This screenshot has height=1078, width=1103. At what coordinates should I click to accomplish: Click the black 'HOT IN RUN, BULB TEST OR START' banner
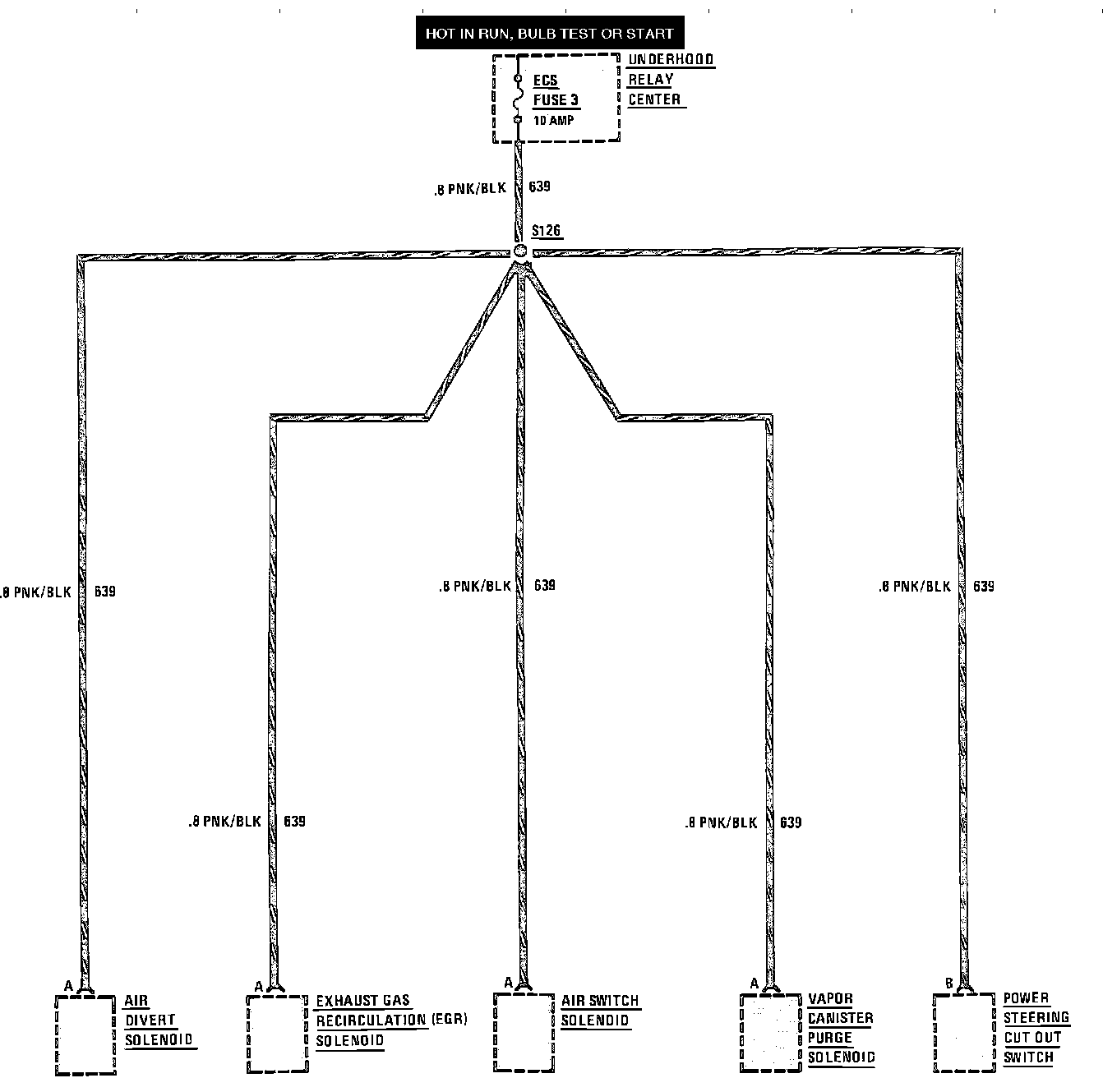coord(549,34)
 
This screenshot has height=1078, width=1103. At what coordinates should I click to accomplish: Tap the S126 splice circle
coord(519,251)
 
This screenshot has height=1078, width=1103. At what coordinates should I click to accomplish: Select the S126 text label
coord(547,231)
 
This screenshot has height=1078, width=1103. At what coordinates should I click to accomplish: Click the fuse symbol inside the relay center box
coord(518,99)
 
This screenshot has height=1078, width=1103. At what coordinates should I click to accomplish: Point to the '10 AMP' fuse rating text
coord(554,120)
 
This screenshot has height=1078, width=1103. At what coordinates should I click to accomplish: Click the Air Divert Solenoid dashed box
coord(85,1034)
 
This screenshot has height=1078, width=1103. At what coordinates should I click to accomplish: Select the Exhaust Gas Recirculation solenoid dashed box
coord(278,1034)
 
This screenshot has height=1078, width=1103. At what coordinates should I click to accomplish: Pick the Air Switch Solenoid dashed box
coord(524,1032)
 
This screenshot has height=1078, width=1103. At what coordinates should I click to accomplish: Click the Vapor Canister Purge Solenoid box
coord(771,1032)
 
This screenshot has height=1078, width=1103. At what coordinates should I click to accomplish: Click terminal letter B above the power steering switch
coord(948,983)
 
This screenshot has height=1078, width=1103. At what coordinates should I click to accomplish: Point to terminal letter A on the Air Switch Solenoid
coord(509,983)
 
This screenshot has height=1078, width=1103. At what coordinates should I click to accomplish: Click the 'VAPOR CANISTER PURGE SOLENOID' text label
coord(840,1028)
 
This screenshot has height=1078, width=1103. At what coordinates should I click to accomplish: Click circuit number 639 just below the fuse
coord(540,187)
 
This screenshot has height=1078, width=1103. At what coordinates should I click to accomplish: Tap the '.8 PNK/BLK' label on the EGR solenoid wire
coord(224,822)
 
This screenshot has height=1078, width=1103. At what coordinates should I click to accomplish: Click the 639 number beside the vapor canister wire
coord(791,822)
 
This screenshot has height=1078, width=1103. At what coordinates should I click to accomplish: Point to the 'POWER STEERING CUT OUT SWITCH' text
coord(1036,1028)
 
